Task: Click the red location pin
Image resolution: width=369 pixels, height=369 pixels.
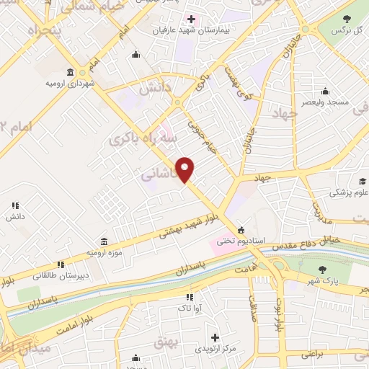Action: (186, 169)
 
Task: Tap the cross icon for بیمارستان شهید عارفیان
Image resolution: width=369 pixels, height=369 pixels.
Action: (190, 19)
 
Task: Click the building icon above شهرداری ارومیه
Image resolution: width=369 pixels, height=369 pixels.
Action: (70, 72)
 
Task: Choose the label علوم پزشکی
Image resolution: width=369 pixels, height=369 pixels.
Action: (349, 192)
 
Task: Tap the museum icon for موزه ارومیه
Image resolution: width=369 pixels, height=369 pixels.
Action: (105, 241)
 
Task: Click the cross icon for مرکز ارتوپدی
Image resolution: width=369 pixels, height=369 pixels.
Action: (214, 337)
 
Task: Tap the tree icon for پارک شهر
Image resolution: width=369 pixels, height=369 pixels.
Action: (321, 270)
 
